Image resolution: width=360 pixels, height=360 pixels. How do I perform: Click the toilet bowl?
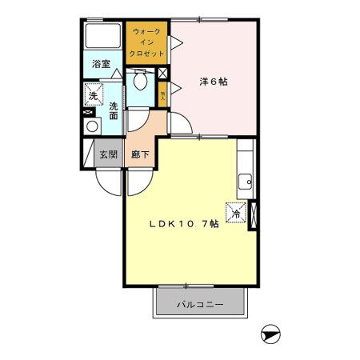(x=141, y=80)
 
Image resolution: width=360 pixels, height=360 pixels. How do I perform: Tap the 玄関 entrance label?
(x=108, y=154)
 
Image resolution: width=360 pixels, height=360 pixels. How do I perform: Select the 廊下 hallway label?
(x=138, y=154)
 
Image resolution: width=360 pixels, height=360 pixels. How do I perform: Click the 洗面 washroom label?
(x=114, y=110)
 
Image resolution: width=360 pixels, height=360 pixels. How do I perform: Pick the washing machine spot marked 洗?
(x=93, y=95)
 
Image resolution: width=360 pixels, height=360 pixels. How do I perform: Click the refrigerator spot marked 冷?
(x=238, y=212)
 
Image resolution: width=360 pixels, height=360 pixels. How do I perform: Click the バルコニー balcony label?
(x=200, y=305)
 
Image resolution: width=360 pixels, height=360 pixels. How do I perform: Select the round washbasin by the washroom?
(x=92, y=126)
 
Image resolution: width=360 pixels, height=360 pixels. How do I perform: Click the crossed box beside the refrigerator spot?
(x=254, y=214)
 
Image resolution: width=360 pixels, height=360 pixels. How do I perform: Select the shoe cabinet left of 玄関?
(x=86, y=154)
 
